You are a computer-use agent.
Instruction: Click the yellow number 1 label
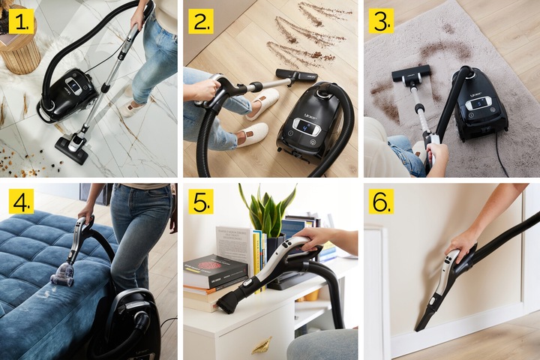tap(21, 22)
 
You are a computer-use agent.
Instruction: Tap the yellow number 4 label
tap(21, 201)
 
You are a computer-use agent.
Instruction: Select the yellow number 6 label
tap(382, 201)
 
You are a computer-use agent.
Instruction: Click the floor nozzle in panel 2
tap(295, 75)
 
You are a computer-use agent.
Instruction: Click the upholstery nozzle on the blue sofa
tap(63, 276)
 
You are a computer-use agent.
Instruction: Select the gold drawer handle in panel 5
tap(261, 346)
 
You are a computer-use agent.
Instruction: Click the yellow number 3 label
tap(382, 22)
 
